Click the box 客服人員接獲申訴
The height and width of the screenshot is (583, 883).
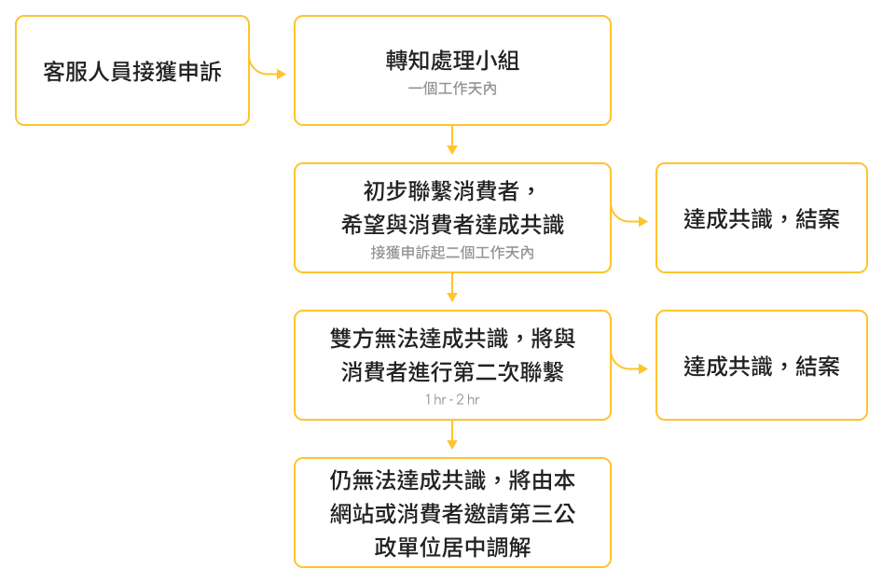point(132,71)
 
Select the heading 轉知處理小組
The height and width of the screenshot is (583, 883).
point(452,61)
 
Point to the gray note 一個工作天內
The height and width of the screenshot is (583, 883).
point(452,90)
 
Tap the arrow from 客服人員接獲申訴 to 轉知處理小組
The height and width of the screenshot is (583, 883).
point(269,72)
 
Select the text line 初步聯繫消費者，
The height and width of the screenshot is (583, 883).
point(452,191)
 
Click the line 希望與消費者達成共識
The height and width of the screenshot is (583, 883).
point(452,225)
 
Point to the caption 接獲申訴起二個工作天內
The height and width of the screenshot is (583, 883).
point(452,253)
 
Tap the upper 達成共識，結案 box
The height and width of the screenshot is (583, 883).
point(761,219)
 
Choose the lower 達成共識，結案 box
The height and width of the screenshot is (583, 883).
point(761,367)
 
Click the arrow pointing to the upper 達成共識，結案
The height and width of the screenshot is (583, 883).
point(630,220)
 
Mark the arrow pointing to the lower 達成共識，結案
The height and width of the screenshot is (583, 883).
point(630,368)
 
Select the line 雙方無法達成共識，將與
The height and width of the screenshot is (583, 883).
point(452,338)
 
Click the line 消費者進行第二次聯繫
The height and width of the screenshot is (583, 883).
point(452,372)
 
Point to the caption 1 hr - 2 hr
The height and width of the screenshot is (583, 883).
point(452,399)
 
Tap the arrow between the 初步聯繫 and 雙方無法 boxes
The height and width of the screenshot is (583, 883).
point(452,290)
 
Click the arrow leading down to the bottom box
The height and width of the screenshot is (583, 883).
point(452,437)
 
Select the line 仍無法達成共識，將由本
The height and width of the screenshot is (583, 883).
point(452,480)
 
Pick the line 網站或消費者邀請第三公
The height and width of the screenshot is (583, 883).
point(452,514)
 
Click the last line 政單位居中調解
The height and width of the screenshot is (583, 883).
point(452,548)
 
